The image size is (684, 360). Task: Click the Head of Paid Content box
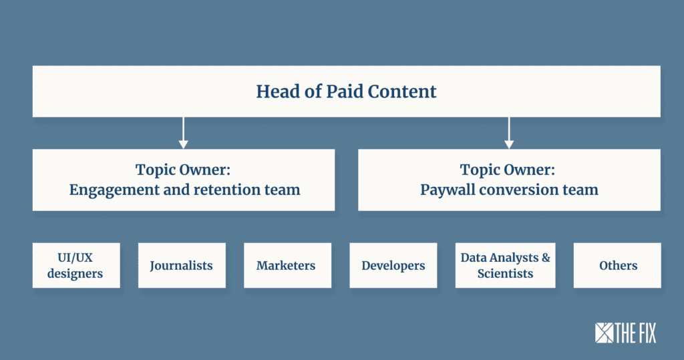[x=347, y=92]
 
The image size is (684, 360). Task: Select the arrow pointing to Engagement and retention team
[x=183, y=133]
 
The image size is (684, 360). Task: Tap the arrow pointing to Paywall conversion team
[x=508, y=133]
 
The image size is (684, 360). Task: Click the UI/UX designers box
[x=76, y=265]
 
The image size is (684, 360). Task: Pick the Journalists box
[x=182, y=265]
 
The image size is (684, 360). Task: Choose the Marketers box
[x=287, y=265]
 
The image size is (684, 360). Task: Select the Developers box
[x=393, y=265]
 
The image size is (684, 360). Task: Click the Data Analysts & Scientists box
[x=505, y=265]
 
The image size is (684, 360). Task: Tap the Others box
[x=617, y=265]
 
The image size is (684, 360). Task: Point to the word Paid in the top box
[x=345, y=92]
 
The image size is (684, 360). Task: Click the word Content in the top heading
[x=402, y=92]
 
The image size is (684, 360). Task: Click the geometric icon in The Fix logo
[x=604, y=333]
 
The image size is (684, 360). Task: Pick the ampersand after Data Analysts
[x=546, y=257]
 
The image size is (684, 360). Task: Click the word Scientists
[x=505, y=274]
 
